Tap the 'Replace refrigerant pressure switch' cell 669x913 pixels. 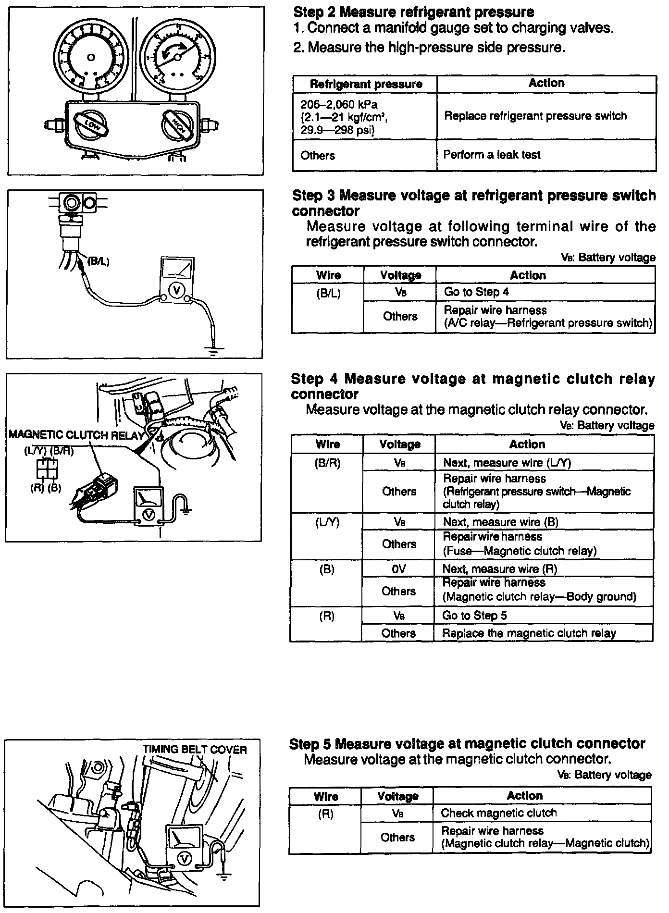[x=535, y=116]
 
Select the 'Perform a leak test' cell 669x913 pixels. [x=492, y=155]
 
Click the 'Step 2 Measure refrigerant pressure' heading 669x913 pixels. [x=413, y=12]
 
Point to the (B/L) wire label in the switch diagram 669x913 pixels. [x=98, y=262]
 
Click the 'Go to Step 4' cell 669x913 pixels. [x=476, y=292]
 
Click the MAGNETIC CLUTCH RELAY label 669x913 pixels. [x=76, y=435]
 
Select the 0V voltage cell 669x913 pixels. [x=399, y=569]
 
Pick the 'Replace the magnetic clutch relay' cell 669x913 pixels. [x=529, y=633]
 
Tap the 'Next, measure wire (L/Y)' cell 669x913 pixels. [x=507, y=463]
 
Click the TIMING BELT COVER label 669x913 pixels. [x=194, y=750]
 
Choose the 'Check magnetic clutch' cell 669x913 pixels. [x=499, y=814]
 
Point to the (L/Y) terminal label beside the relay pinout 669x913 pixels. [x=35, y=452]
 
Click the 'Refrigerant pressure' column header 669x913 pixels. [x=366, y=85]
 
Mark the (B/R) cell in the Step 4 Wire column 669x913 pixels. [x=328, y=463]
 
